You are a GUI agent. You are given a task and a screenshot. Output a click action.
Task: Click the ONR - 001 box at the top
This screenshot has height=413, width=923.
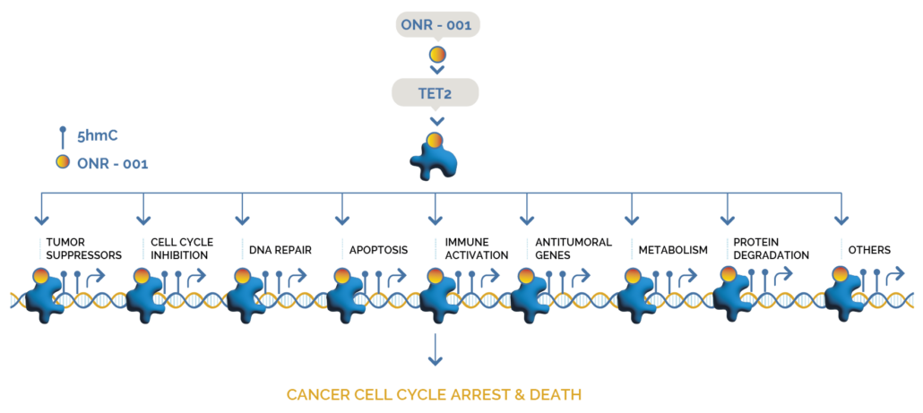point(437,24)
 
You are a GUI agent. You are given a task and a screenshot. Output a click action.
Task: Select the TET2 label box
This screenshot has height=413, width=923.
point(436,92)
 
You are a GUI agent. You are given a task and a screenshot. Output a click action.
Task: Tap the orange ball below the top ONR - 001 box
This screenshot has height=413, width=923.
point(437,55)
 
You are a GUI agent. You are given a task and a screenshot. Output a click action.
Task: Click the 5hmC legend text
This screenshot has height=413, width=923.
point(98,136)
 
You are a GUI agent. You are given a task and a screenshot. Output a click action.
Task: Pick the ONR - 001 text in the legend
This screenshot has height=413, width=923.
point(113,164)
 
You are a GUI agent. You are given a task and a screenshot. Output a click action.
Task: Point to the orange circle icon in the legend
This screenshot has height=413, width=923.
point(63,162)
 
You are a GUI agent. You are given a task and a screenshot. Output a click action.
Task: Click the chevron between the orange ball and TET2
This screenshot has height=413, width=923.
point(437,69)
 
